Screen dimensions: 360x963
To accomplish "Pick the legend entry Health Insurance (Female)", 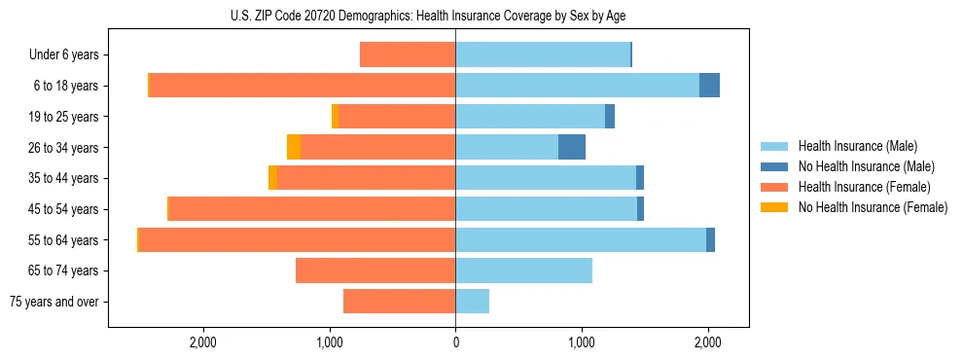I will (x=864, y=187).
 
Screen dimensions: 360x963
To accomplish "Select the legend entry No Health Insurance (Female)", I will (x=873, y=207).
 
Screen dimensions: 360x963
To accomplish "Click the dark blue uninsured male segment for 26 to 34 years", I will (x=572, y=147).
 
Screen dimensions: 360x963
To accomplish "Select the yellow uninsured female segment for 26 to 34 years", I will (x=294, y=147).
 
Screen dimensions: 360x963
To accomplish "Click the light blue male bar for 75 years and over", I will (x=472, y=302).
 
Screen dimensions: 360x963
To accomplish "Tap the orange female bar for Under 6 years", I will (x=408, y=54).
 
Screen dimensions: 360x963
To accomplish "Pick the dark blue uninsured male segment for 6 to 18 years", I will (x=709, y=86).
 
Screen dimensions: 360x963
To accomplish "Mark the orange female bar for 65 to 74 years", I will (x=375, y=270).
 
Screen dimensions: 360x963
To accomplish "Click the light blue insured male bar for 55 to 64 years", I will (x=581, y=239).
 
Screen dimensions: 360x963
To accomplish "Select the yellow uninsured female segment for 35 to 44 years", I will (x=273, y=178).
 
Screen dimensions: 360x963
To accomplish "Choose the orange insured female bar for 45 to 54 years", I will (x=312, y=209).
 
